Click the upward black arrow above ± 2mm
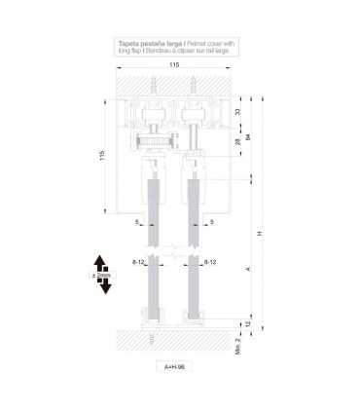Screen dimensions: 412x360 (100, 260)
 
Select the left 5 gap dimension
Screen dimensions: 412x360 (138, 221)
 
